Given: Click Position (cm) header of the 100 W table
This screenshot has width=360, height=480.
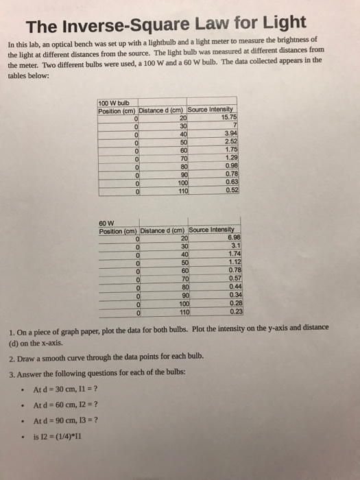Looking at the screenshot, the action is [x=117, y=110].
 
